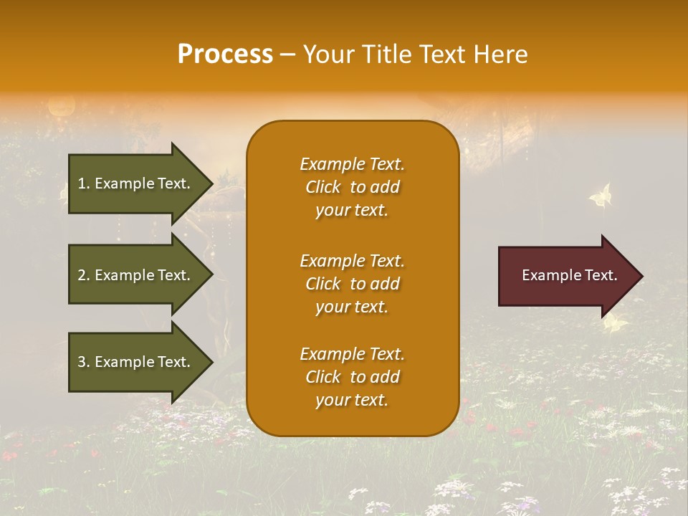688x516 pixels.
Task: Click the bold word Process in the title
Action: pos(225,54)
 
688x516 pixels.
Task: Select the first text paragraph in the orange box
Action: pos(352,187)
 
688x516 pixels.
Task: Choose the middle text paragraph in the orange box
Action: pos(352,284)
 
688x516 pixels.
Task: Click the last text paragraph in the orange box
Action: pos(352,377)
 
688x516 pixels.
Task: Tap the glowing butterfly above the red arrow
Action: pos(601,195)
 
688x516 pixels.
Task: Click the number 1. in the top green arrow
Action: pos(84,183)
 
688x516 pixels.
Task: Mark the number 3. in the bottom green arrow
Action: pos(84,362)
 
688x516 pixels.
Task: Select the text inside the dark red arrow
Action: pos(569,275)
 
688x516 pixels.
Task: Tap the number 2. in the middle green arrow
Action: pos(84,275)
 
